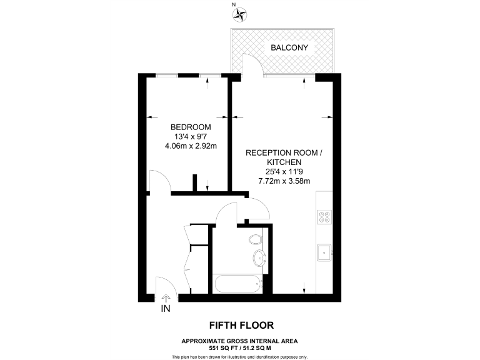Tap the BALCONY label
(289, 47)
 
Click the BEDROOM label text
(186, 127)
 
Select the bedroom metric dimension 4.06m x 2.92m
(186, 147)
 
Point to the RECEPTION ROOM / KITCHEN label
(284, 157)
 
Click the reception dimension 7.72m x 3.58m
(284, 181)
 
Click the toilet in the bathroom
(255, 239)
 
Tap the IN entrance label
(166, 308)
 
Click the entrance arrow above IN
(166, 298)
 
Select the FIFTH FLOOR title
(240, 325)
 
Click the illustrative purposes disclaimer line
(240, 356)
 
